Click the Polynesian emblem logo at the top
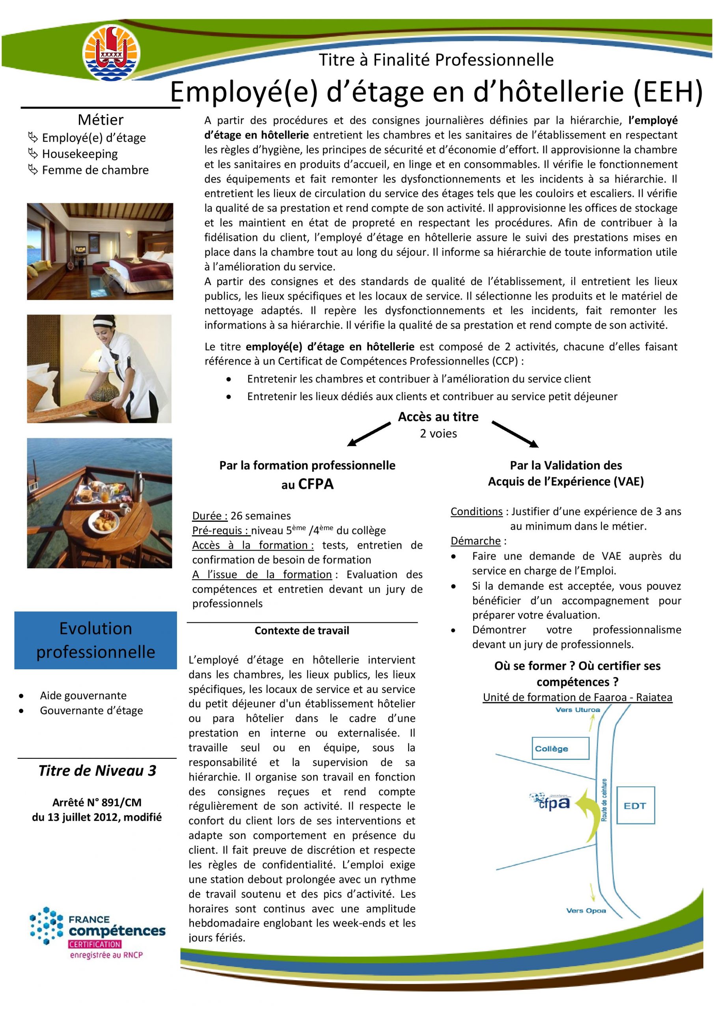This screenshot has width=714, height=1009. (112, 52)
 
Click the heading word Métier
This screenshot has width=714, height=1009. (101, 119)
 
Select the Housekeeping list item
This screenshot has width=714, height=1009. (80, 154)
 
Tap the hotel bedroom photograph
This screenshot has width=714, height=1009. (100, 251)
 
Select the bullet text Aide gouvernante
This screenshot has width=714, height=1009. (83, 695)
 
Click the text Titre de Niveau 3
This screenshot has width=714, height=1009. (97, 771)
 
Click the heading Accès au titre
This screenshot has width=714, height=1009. (438, 417)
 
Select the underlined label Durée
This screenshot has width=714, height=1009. (210, 516)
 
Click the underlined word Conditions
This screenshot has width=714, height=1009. (476, 512)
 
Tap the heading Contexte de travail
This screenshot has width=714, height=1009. (302, 631)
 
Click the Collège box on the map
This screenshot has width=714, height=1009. (560, 748)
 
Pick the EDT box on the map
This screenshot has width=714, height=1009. (635, 805)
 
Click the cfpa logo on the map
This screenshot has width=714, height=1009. (550, 802)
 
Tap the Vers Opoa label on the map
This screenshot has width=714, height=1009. (585, 910)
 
